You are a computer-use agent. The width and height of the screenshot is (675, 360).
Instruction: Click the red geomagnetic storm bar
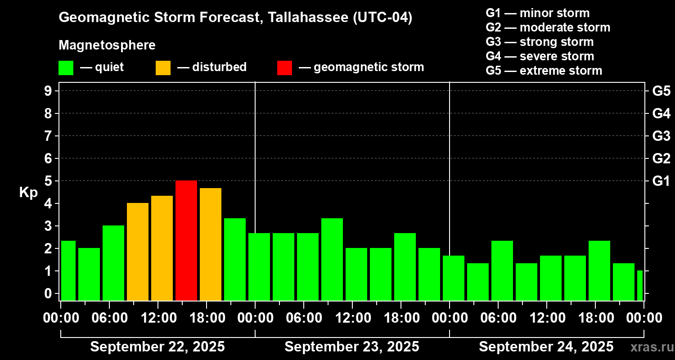point(186,240)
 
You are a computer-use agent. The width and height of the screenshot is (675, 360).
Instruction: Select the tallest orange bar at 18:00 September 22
point(211,244)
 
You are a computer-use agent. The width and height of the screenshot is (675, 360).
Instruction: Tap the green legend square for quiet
point(66,68)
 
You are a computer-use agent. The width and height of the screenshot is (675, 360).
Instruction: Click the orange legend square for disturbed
point(163,68)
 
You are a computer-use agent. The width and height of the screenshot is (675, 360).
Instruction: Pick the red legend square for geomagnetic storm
point(284,68)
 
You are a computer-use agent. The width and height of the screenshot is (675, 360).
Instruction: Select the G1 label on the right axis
point(661,181)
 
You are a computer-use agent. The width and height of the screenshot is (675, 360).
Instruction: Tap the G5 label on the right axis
point(661,91)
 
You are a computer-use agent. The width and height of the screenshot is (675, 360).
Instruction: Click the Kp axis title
point(28,193)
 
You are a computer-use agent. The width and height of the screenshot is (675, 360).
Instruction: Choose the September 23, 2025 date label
point(352,347)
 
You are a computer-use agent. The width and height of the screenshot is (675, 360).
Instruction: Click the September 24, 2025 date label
point(546,347)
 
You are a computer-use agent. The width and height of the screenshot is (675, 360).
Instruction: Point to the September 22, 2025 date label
point(157,347)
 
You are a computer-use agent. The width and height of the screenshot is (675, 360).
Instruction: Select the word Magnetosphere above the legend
point(107,45)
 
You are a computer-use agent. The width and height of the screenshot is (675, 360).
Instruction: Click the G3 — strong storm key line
point(540,42)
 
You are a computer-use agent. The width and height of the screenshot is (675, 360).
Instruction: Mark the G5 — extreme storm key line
point(544,71)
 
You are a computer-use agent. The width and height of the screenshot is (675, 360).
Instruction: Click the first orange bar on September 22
point(138,252)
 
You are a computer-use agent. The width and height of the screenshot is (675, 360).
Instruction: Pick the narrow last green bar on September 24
point(639,285)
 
